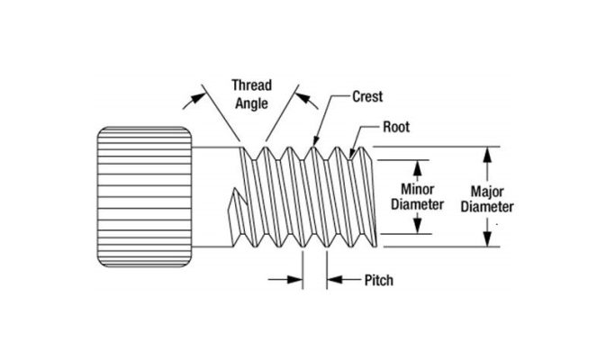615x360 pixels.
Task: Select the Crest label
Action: [x=353, y=94]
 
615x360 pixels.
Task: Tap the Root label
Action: [x=396, y=128]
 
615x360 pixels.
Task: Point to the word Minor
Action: [x=418, y=189]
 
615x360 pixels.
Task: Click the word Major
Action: [x=487, y=191]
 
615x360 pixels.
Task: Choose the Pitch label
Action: [x=378, y=281]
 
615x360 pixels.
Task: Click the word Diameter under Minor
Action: [x=418, y=204]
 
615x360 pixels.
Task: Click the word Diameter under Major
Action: [x=487, y=206]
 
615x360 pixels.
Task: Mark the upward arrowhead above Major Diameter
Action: [x=487, y=152]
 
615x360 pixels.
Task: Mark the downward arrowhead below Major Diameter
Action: [x=487, y=239]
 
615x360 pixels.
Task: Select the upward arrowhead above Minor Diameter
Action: [x=418, y=166]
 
